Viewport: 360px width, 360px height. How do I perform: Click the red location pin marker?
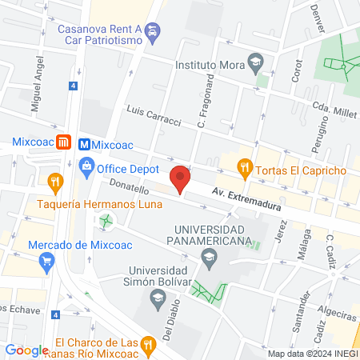click(180, 178)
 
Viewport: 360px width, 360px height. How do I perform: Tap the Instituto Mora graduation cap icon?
click(255, 60)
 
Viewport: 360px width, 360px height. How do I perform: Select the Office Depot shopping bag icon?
click(86, 170)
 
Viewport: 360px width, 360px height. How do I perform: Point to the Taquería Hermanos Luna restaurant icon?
click(54, 182)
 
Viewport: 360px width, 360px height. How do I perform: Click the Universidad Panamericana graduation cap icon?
click(210, 256)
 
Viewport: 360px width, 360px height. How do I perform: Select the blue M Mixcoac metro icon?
click(83, 145)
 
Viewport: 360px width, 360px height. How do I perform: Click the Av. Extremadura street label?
click(247, 199)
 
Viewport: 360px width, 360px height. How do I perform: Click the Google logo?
click(26, 350)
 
